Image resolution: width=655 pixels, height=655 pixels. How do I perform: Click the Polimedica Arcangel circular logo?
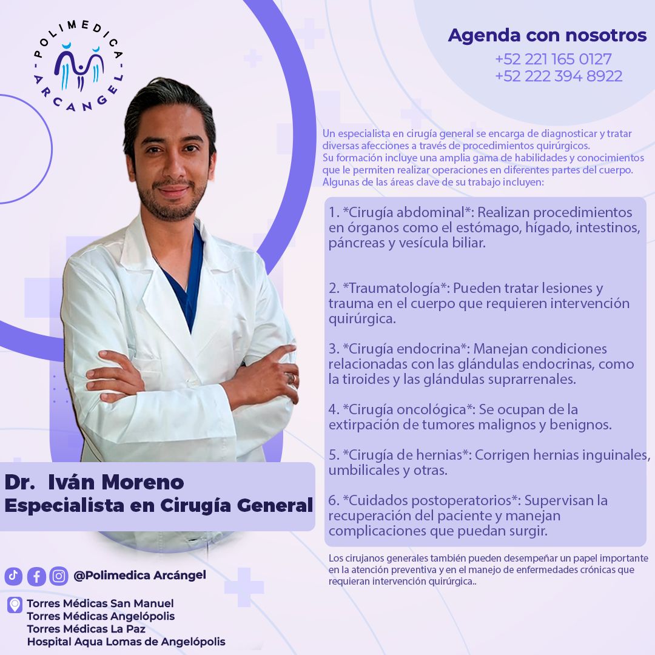click(79, 67)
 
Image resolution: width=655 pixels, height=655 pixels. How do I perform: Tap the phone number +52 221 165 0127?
click(553, 59)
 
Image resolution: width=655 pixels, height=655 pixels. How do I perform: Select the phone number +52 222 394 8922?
click(558, 76)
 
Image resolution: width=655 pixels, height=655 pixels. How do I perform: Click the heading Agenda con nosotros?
click(547, 36)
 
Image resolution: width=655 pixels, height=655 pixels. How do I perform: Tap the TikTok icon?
click(13, 576)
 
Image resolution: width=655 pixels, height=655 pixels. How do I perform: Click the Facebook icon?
click(36, 576)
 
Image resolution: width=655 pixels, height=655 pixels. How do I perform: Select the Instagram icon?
click(59, 576)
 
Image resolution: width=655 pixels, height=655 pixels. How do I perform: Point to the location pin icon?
click(15, 605)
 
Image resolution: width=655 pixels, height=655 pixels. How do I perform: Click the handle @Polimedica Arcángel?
click(139, 575)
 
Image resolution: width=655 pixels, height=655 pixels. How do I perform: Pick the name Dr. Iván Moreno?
click(94, 482)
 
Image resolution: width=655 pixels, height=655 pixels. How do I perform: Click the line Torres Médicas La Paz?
click(86, 629)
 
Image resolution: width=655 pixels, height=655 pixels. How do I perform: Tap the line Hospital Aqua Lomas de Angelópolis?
click(126, 642)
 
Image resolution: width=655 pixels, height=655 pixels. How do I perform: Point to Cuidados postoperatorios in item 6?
click(431, 500)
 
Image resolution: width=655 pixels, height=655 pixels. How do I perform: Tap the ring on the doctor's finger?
click(291, 378)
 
